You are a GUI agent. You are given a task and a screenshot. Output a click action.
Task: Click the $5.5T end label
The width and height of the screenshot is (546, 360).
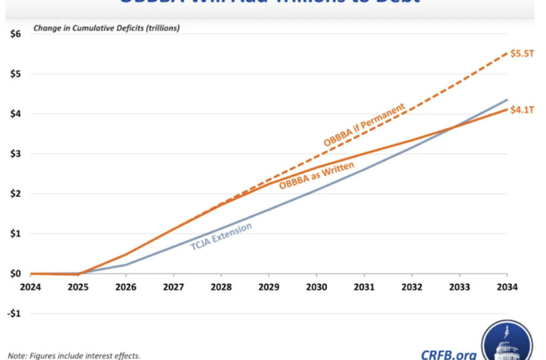(523, 54)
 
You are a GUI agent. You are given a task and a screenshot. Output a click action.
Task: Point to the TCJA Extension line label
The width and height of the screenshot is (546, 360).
(221, 237)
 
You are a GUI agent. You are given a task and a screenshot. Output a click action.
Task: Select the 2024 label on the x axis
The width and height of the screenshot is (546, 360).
(31, 287)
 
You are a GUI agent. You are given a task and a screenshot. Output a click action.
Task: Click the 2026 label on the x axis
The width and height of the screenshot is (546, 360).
(126, 287)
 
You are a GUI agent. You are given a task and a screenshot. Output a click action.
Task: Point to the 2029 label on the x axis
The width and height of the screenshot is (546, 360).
(269, 287)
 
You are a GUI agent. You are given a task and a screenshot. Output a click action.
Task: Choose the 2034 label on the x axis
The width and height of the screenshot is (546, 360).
(507, 287)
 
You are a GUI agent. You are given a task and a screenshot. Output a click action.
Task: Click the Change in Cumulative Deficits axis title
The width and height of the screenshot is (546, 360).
(107, 28)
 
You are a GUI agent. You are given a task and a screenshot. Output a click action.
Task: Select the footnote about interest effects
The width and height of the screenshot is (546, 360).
(74, 355)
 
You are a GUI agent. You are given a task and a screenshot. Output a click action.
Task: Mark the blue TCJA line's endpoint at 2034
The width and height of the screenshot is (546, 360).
(507, 100)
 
